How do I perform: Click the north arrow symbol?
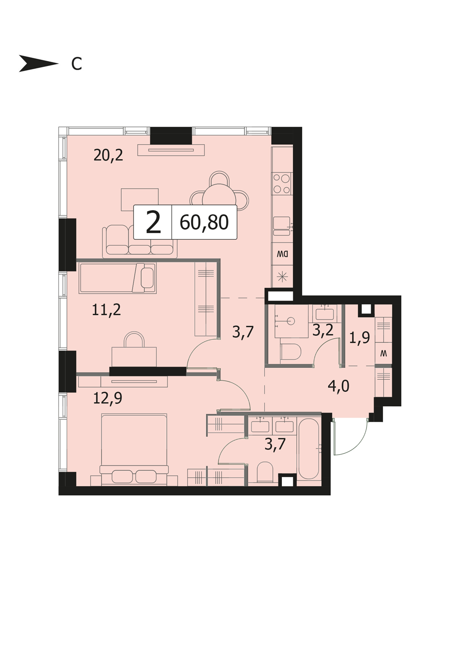38,63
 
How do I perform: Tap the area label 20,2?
108,155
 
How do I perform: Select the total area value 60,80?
204,222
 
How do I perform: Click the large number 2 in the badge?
153,223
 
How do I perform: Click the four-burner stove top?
281,184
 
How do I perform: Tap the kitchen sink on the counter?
282,226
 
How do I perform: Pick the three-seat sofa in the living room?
140,241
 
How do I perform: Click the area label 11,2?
106,310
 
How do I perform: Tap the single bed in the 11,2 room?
118,278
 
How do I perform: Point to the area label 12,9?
108,398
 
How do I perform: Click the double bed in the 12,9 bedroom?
134,449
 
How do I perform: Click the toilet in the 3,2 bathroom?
291,352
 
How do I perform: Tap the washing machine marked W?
383,353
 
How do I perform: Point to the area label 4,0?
338,386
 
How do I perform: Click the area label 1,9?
359,337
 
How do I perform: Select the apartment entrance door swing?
351,438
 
